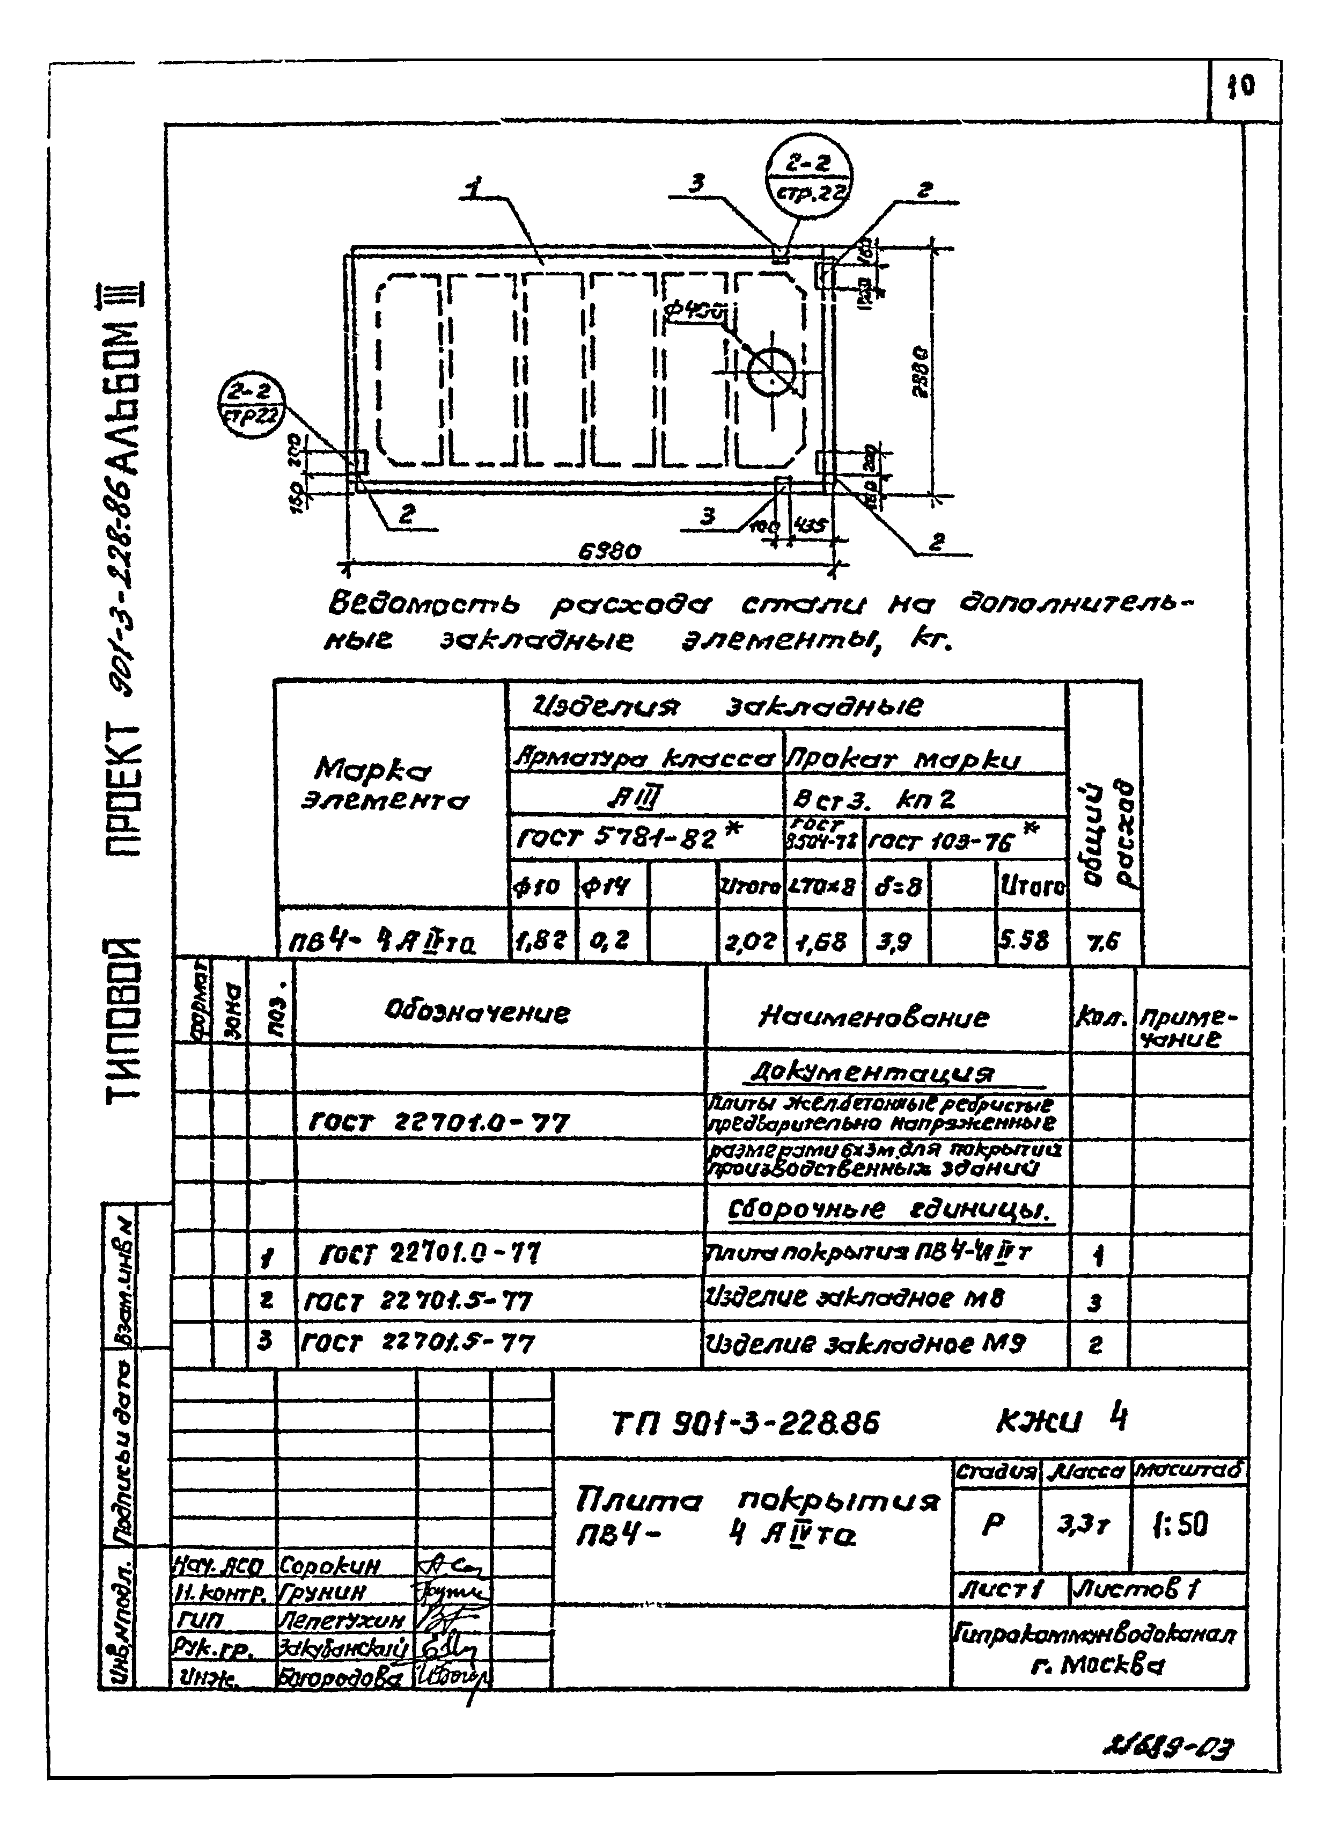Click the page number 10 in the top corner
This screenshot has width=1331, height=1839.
click(1240, 86)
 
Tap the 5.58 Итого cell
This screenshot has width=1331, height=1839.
click(1024, 940)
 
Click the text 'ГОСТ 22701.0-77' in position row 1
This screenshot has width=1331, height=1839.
click(430, 1255)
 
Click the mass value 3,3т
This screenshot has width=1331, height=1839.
click(1083, 1524)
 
